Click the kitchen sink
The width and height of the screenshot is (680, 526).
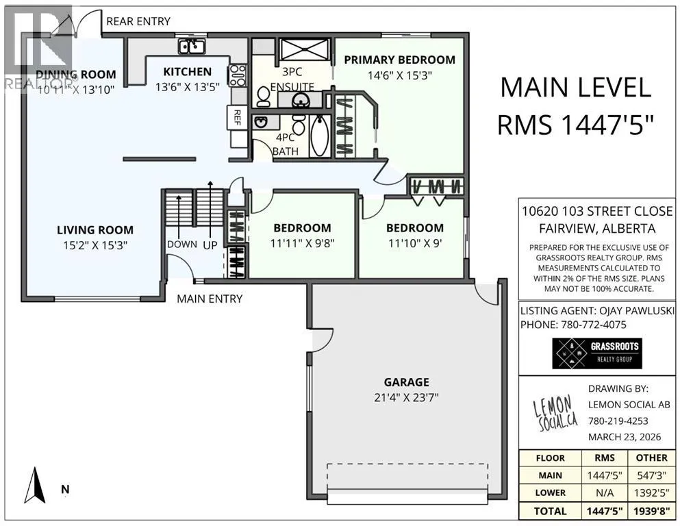(192, 47)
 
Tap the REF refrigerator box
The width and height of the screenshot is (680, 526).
(237, 117)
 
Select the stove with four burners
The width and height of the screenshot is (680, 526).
(238, 75)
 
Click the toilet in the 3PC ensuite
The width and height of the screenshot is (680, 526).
(263, 97)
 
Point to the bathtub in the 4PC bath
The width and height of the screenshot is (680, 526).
(320, 136)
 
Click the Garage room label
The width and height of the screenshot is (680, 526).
(406, 382)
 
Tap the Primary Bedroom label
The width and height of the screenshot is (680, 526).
(399, 60)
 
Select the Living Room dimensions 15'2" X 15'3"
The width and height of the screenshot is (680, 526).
(95, 245)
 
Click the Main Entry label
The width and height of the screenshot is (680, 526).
(210, 299)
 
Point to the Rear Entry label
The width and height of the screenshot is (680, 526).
(138, 21)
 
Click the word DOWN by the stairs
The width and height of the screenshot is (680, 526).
(182, 244)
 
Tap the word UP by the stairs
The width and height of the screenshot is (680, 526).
(210, 245)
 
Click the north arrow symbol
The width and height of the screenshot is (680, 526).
(35, 485)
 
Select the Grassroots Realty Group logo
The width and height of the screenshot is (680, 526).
(596, 353)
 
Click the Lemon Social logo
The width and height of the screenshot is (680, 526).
(555, 414)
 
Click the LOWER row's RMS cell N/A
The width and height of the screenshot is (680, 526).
(605, 492)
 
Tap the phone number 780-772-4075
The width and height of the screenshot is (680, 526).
(594, 325)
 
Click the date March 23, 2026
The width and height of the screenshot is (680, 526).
(625, 437)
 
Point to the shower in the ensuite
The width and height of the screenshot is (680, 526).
(305, 49)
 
